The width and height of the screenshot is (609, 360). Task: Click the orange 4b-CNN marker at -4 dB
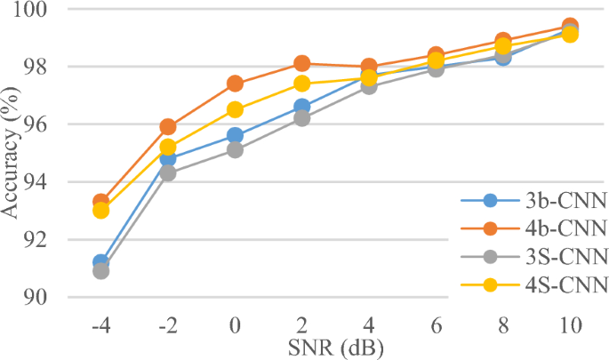coord(100,203)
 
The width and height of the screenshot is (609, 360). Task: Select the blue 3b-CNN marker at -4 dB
coord(100,263)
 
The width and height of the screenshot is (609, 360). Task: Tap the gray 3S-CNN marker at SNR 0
coord(235,149)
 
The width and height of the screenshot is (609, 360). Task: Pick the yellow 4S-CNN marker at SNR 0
coord(235,109)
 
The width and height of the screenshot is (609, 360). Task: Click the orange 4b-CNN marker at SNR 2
coord(302,63)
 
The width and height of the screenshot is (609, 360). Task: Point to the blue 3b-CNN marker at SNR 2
coord(302,107)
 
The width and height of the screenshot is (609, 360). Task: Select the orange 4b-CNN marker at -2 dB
coord(167,127)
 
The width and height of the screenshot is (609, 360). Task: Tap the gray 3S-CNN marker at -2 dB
coord(167,173)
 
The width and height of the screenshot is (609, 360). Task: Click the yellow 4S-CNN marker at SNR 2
coord(302,84)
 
